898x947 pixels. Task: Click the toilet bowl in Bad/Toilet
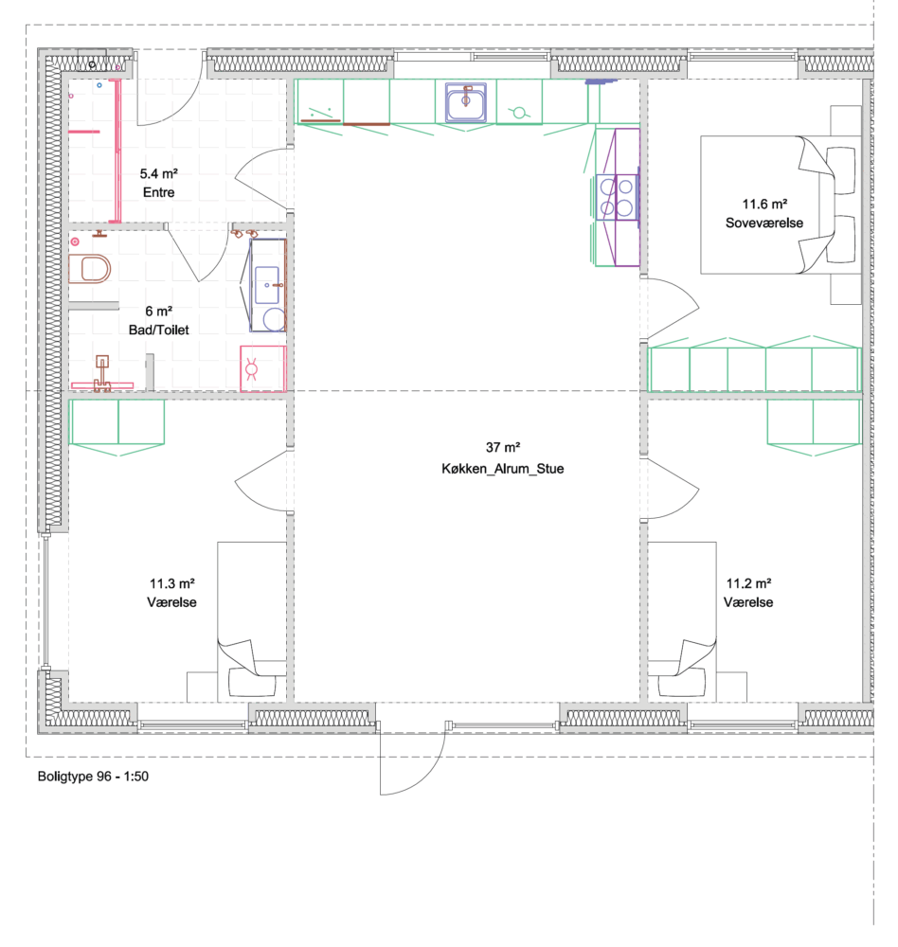[89, 269]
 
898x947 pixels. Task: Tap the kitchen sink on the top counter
[465, 102]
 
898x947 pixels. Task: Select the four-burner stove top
[617, 198]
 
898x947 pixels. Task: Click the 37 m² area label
[503, 448]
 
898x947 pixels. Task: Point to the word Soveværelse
[764, 223]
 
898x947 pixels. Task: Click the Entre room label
[159, 192]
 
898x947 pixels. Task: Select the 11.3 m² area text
[172, 583]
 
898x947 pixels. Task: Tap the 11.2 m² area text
[748, 583]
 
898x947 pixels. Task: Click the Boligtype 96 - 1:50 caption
[93, 777]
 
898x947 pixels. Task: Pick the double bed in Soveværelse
[781, 205]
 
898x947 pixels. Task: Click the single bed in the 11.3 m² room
[252, 621]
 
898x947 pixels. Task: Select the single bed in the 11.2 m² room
[682, 621]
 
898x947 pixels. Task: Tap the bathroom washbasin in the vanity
[267, 285]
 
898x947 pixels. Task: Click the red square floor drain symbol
[263, 369]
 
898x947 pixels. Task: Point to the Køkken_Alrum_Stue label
[503, 469]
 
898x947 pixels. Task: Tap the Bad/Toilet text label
[159, 331]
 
